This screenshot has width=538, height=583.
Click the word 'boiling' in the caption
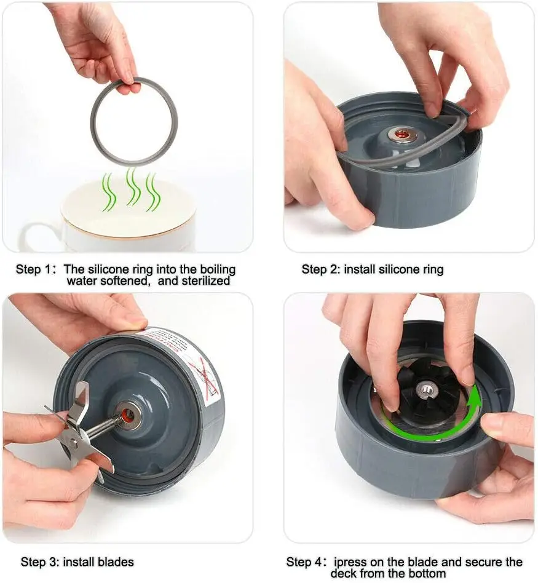(214, 269)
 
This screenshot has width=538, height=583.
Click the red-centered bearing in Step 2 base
(404, 133)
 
